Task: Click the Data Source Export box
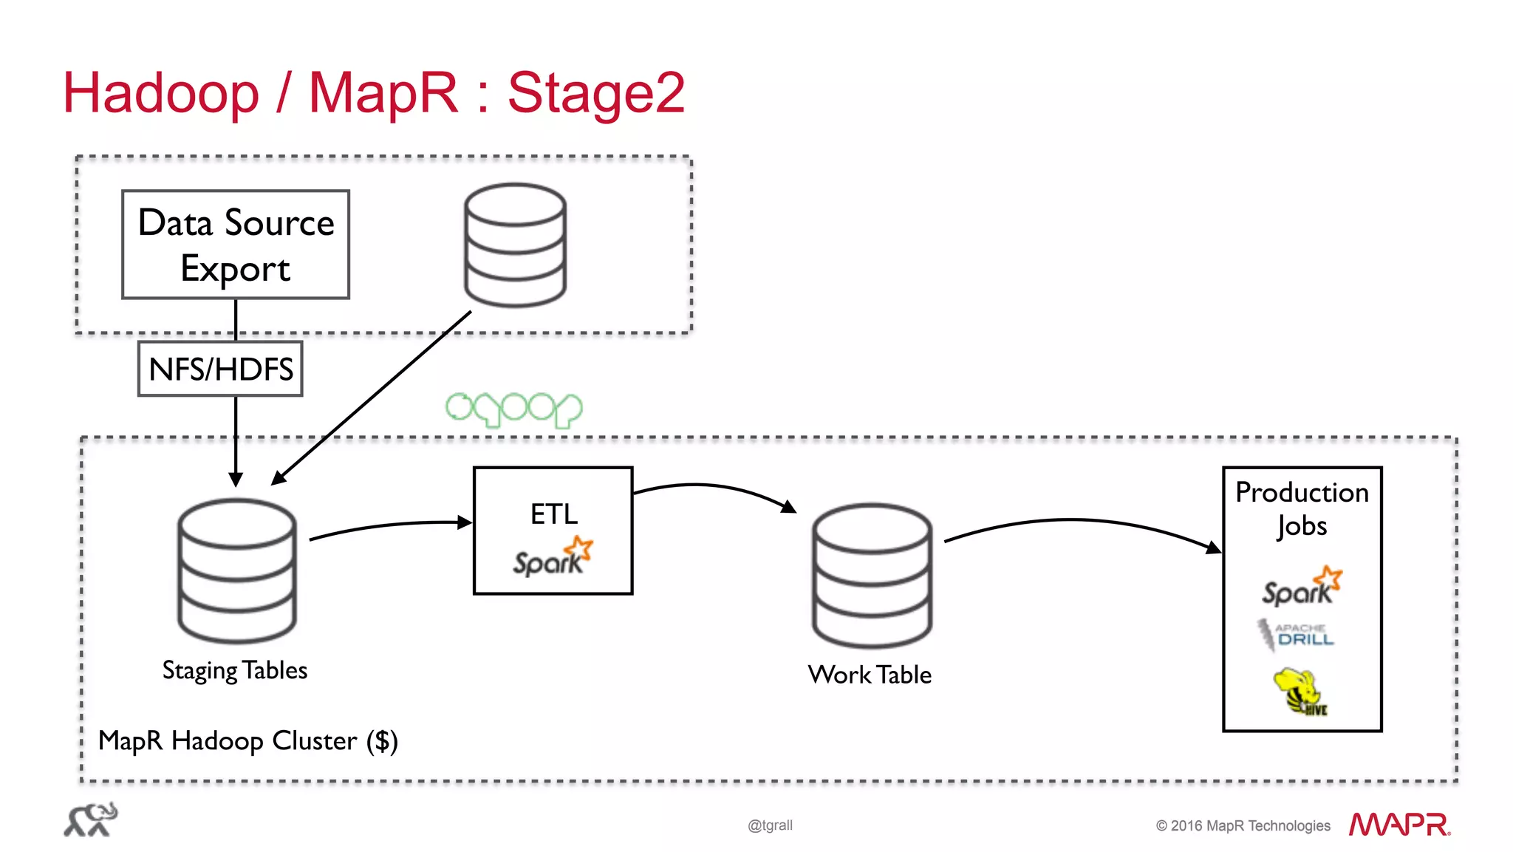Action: (235, 245)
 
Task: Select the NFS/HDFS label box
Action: (220, 369)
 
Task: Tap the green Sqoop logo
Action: (513, 409)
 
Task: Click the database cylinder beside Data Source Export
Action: (515, 245)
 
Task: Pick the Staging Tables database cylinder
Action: (236, 570)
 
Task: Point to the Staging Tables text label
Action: (234, 670)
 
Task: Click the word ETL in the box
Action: (553, 514)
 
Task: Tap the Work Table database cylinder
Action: (872, 576)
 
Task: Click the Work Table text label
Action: (870, 675)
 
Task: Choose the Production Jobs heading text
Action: (1302, 508)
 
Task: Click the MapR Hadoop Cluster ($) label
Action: (248, 740)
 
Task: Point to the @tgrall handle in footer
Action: (770, 825)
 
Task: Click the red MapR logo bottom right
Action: (1399, 825)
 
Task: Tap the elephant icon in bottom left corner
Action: (90, 820)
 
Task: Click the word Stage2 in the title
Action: (595, 93)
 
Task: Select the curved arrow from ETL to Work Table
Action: (713, 488)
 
